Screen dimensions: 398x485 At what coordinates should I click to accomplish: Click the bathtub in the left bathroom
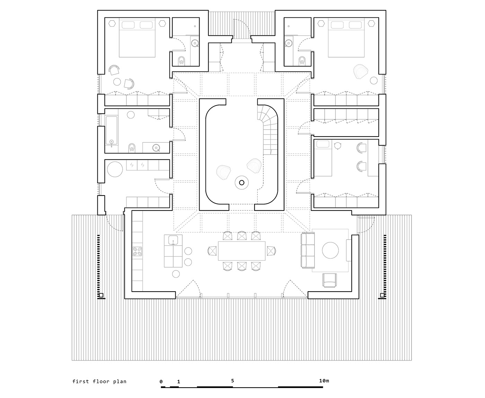pyautogui.click(x=112, y=131)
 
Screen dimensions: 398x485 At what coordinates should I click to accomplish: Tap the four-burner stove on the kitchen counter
pyautogui.click(x=137, y=251)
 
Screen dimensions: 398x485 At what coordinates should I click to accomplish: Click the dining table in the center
pyautogui.click(x=241, y=251)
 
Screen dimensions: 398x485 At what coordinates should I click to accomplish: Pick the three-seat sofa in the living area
pyautogui.click(x=307, y=250)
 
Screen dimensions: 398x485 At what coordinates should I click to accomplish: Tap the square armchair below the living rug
pyautogui.click(x=329, y=280)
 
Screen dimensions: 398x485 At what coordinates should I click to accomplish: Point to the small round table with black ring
pyautogui.click(x=241, y=182)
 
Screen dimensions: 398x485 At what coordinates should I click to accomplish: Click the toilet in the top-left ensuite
pyautogui.click(x=181, y=61)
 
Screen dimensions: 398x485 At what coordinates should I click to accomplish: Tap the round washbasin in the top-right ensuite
pyautogui.click(x=288, y=43)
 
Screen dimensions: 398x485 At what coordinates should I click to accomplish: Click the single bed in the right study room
pyautogui.click(x=323, y=158)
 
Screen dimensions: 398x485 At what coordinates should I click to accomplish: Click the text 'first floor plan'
pyautogui.click(x=99, y=381)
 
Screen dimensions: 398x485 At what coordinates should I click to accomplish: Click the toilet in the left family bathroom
pyautogui.click(x=132, y=148)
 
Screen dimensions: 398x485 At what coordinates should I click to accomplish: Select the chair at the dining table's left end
pyautogui.click(x=212, y=251)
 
